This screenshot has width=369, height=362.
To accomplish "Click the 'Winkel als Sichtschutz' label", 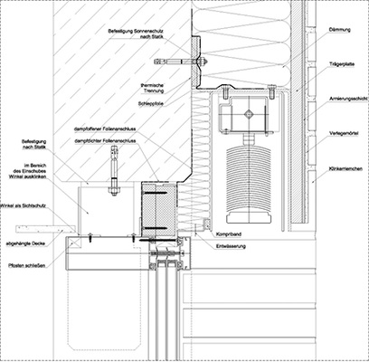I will (25, 211).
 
